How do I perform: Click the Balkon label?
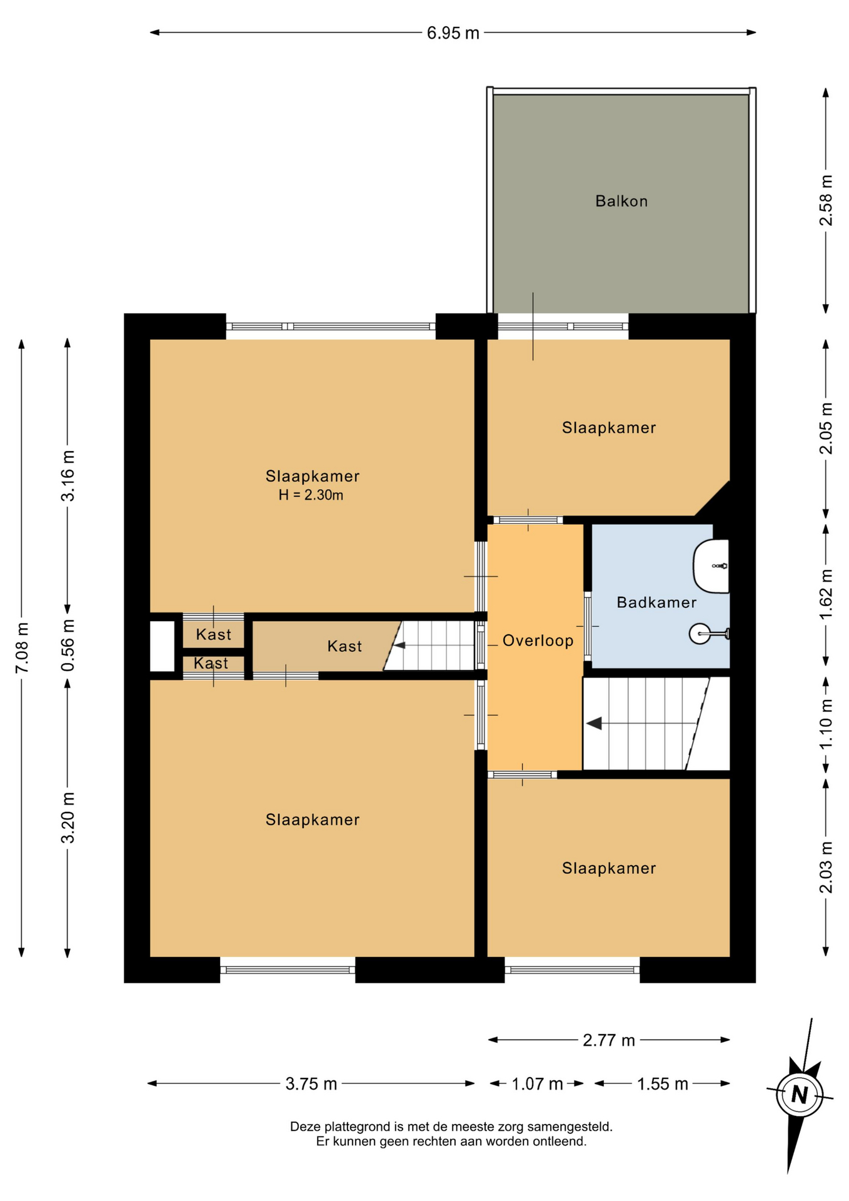pos(621,201)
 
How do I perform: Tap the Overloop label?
pos(538,641)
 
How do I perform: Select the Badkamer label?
pos(656,602)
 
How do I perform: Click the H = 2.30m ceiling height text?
pos(311,495)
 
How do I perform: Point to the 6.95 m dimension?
pos(453,33)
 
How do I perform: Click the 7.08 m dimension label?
pos(22,648)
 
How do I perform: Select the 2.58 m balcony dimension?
pos(826,201)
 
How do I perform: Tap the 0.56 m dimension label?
pos(68,646)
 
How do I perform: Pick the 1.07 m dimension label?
pos(537,1083)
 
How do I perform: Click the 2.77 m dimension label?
pos(609,1040)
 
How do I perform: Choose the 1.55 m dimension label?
pos(662,1083)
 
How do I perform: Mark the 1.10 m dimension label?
pos(826,723)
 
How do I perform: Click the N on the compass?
pos(799,1095)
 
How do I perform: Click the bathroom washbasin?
pos(711,566)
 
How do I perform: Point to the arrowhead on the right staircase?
pos(593,723)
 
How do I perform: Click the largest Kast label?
pos(344,646)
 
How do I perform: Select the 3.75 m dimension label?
pos(311,1083)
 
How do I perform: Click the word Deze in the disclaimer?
pos(304,1127)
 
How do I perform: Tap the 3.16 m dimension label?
pos(68,475)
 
